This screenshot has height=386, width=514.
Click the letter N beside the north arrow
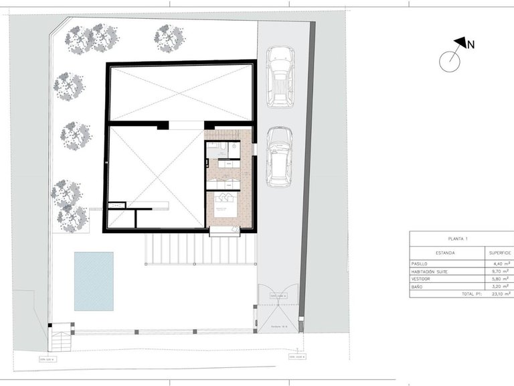[x=471, y=46]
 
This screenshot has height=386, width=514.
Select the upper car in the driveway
[x=279, y=76]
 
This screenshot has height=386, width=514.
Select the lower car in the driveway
[x=279, y=157]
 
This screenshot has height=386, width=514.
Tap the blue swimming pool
[x=94, y=281]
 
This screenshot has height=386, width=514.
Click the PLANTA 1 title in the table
[x=458, y=239]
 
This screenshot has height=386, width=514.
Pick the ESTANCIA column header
[x=446, y=253]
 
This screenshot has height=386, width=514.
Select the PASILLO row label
[x=424, y=263]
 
